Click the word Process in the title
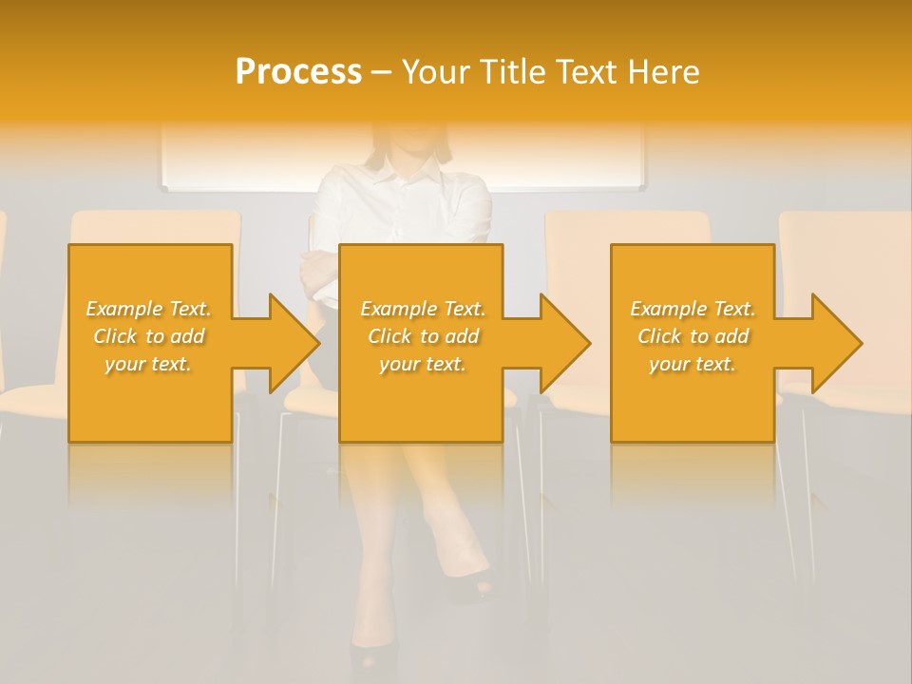tap(298, 72)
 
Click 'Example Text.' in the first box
tap(148, 309)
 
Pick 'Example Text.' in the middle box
tap(422, 309)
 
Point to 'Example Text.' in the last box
tap(693, 309)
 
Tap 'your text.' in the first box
tap(148, 364)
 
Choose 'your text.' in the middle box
tap(422, 364)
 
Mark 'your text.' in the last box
tap(693, 364)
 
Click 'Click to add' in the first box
tap(148, 336)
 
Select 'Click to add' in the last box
tap(693, 336)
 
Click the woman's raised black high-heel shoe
tap(472, 587)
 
